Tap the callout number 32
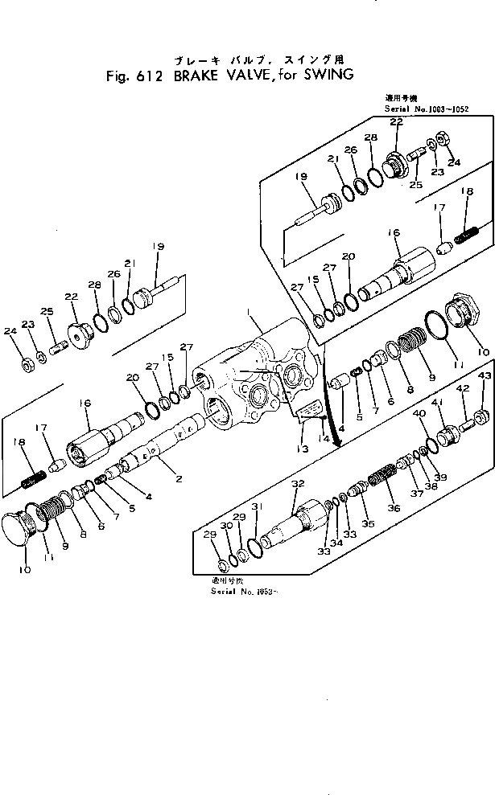click(x=297, y=483)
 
